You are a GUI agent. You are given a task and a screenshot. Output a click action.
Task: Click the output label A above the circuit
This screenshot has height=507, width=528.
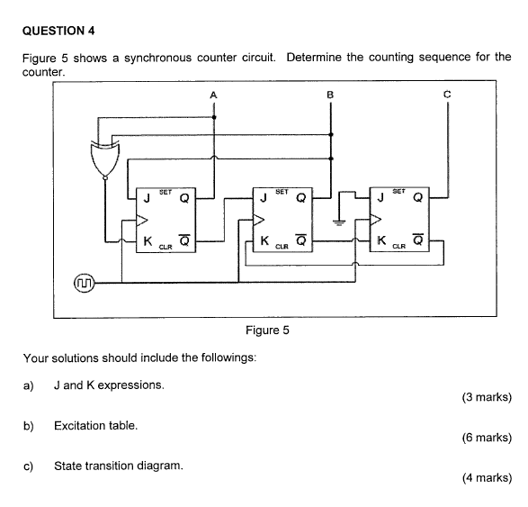(x=213, y=95)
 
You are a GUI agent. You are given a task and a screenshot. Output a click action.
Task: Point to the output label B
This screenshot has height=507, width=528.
(x=330, y=95)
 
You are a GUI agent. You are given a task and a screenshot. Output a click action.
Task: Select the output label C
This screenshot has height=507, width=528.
(x=447, y=95)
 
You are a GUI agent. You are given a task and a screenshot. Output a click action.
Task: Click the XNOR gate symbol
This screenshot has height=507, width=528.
(x=104, y=158)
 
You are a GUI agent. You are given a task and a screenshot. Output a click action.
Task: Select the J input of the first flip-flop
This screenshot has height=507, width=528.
(x=146, y=199)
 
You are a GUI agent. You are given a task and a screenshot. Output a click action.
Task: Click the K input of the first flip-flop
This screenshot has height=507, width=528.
(x=146, y=240)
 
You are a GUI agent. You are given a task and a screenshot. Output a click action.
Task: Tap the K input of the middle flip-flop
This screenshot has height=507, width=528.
(x=264, y=240)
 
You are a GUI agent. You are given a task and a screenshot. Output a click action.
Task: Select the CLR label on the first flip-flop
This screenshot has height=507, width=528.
(x=166, y=246)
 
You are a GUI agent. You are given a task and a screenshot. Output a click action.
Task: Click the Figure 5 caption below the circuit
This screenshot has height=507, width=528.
(x=267, y=330)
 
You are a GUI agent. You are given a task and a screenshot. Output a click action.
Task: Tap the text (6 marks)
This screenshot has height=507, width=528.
(x=486, y=438)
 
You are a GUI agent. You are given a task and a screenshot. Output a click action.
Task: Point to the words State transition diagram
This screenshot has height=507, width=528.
(x=119, y=466)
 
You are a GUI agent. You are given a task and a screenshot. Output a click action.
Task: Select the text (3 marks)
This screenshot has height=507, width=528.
(x=486, y=397)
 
